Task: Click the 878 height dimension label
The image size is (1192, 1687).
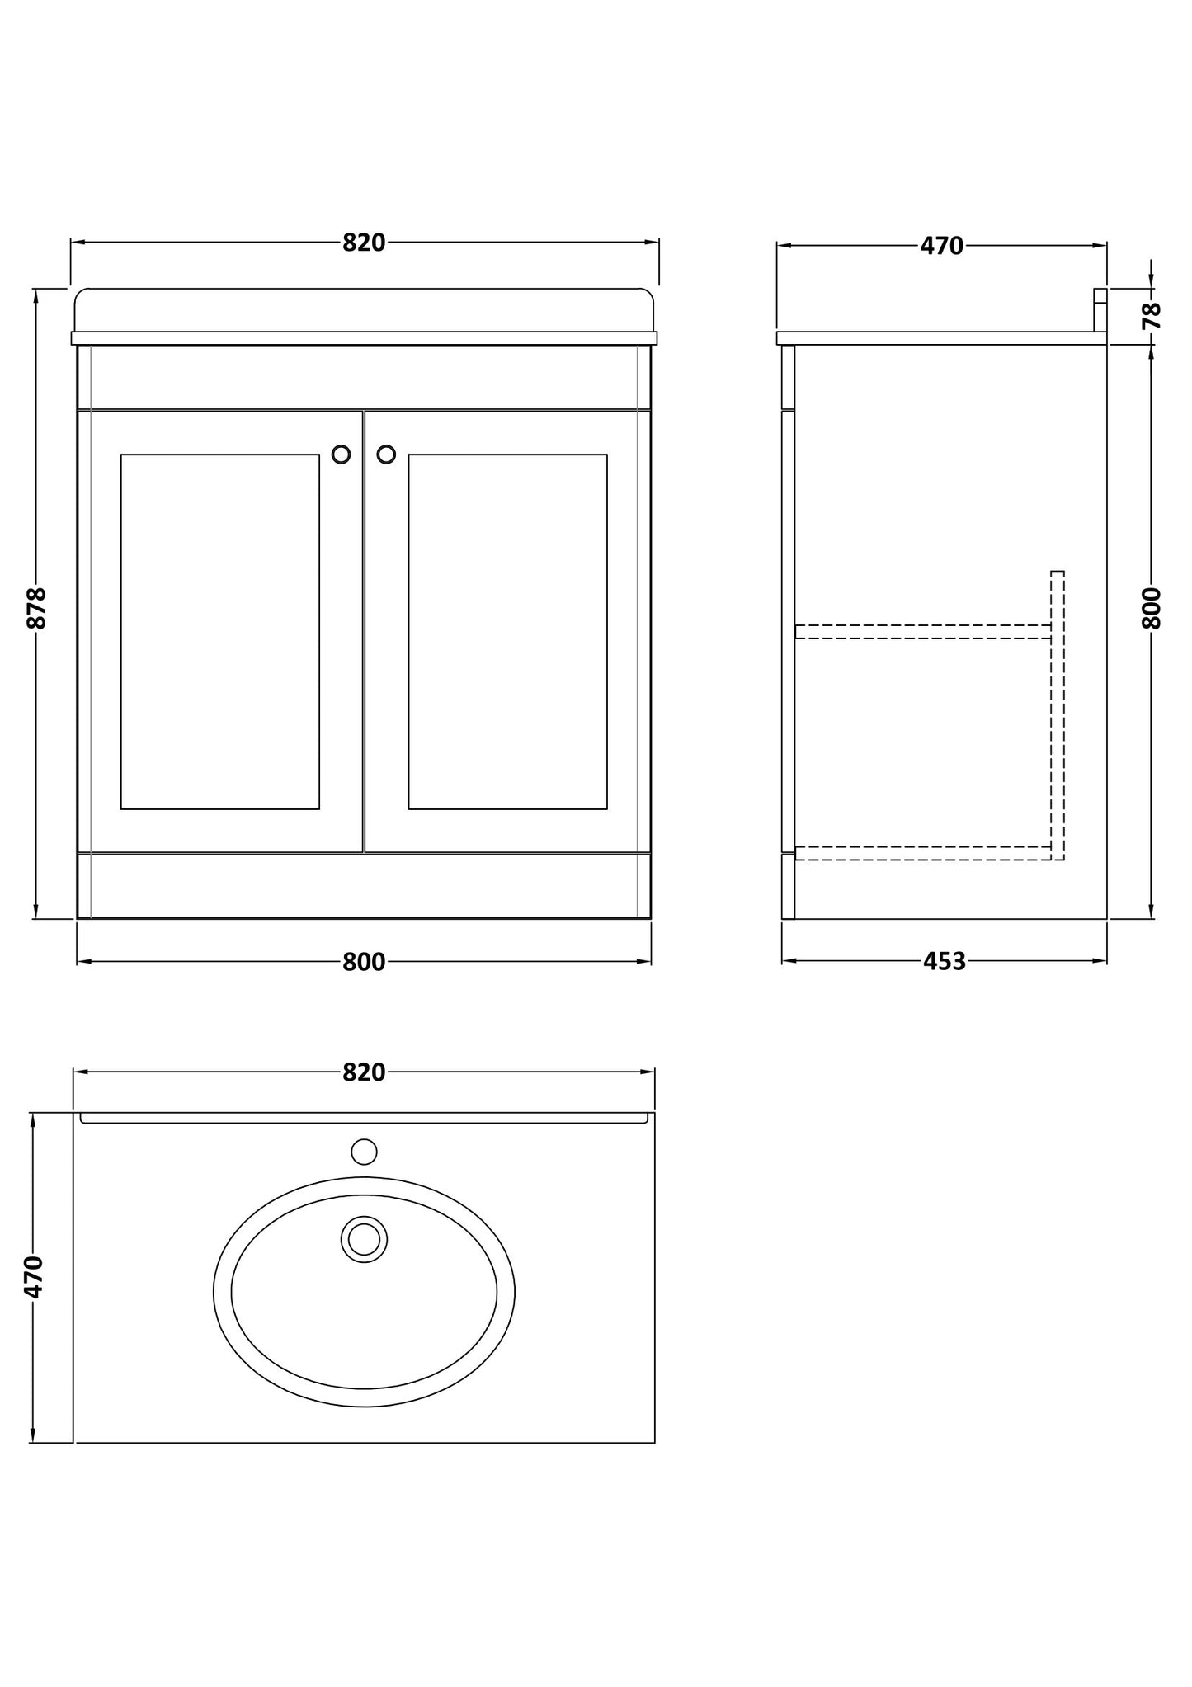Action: [x=37, y=608]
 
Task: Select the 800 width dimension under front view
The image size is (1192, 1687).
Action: [x=364, y=962]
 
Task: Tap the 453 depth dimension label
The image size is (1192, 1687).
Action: [x=945, y=962]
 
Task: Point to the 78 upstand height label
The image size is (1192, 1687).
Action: [x=1152, y=315]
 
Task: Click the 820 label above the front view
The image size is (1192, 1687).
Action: [x=364, y=243]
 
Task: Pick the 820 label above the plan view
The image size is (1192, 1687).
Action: [x=364, y=1072]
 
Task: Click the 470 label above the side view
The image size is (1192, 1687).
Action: [x=941, y=247]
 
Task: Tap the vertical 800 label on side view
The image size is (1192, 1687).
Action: [x=1152, y=608]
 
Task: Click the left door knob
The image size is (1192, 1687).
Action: [x=341, y=455]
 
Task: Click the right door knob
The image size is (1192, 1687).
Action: [x=386, y=455]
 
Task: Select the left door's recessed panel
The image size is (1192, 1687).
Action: [x=220, y=631]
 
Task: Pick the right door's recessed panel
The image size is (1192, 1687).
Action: [x=507, y=631]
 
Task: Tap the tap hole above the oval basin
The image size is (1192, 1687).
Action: [x=364, y=1152]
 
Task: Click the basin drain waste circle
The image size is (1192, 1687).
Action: [x=364, y=1239]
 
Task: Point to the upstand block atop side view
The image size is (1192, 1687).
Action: [x=1100, y=309]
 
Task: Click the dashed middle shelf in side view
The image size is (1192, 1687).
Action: [x=922, y=632]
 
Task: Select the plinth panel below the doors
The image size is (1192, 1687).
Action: [x=364, y=885]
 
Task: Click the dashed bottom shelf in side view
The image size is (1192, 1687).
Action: [x=922, y=853]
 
